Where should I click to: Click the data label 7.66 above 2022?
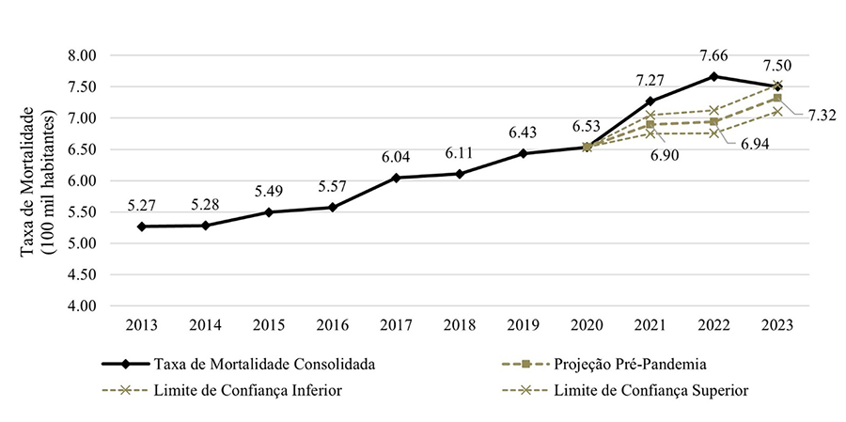(x=714, y=56)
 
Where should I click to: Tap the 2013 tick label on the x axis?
(x=141, y=324)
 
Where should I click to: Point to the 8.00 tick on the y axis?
(x=84, y=55)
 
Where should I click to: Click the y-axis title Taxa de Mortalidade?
(x=28, y=180)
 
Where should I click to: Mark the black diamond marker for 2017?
(x=396, y=178)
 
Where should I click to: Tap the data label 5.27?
(x=141, y=205)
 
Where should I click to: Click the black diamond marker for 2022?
(x=714, y=76)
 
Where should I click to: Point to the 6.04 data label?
(x=396, y=156)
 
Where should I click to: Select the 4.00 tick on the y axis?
(x=84, y=306)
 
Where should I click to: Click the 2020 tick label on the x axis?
(x=587, y=324)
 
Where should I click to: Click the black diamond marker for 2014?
(x=205, y=226)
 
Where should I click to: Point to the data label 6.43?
(x=523, y=133)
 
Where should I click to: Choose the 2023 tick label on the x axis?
(x=777, y=324)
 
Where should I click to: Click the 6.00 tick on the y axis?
(x=84, y=181)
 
